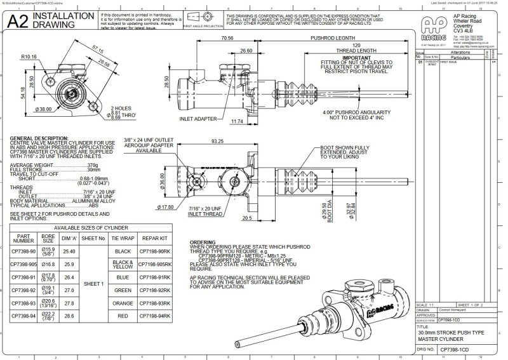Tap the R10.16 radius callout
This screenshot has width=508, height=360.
coord(27,57)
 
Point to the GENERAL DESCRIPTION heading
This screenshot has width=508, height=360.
coord(39,138)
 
